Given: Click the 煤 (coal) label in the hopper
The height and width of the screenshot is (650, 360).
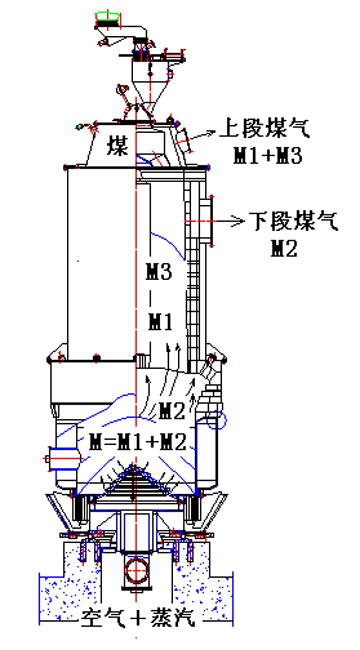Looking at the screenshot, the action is point(117,146).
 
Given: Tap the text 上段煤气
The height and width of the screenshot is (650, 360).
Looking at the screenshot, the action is point(265,130).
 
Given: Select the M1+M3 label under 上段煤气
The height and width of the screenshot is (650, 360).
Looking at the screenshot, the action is point(267,156).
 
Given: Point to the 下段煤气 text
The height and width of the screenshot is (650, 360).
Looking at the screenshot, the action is point(294,221).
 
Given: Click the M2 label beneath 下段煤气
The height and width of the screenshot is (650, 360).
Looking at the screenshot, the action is point(284,248).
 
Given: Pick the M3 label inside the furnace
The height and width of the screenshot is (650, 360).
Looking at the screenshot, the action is point(159,272).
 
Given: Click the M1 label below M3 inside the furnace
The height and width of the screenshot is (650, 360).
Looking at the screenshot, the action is point(160,322).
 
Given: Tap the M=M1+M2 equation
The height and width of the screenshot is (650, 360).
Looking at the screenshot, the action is point(138,443).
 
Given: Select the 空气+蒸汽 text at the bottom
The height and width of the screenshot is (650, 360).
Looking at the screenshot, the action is point(138,618).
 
